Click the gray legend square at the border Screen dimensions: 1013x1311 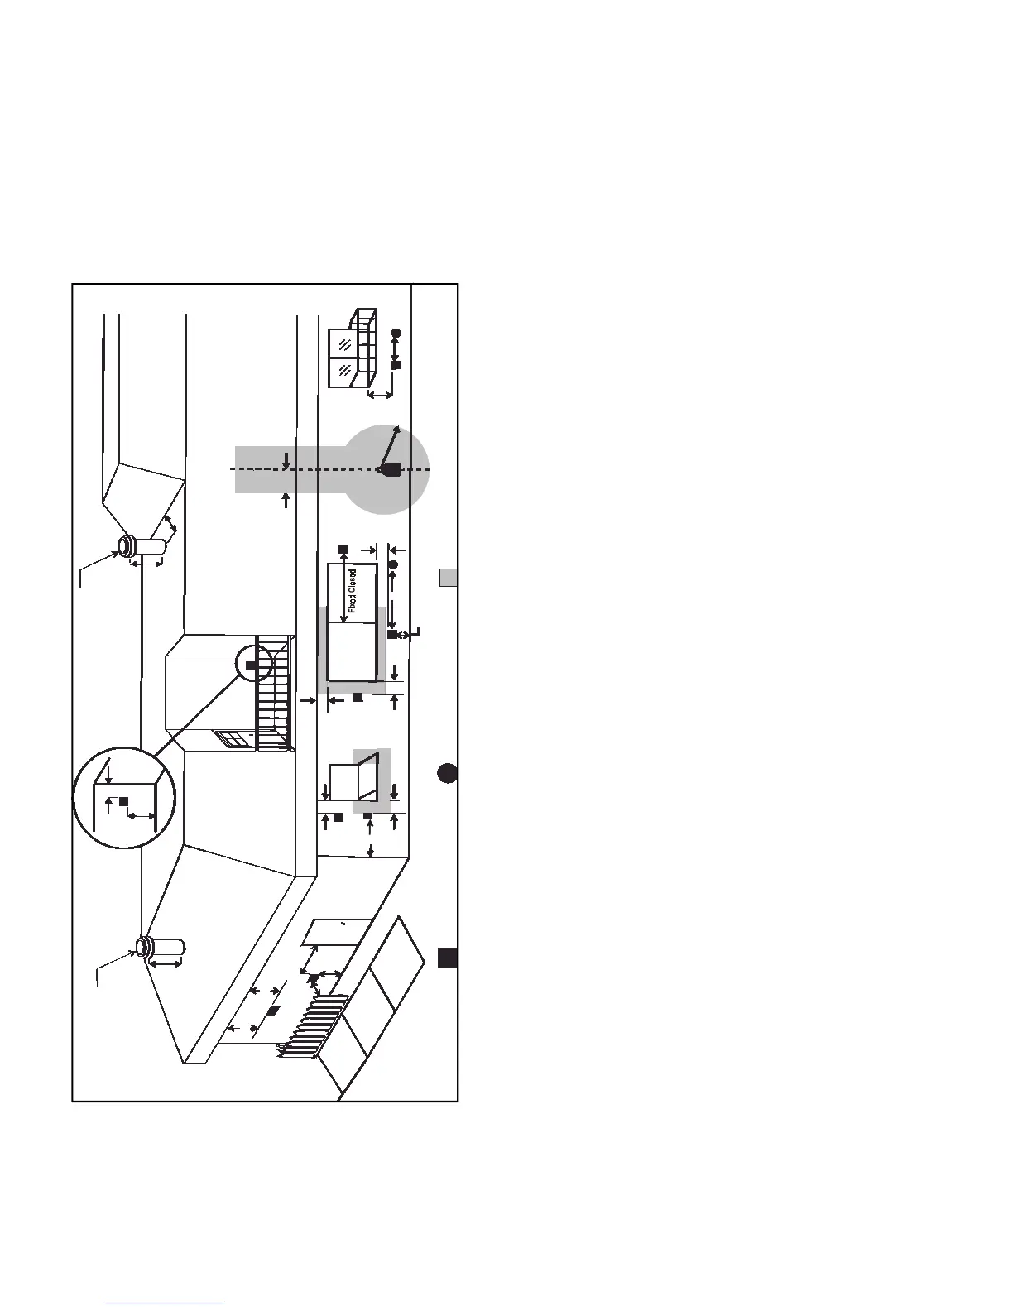[x=448, y=578]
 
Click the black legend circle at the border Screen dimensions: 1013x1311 [x=448, y=773]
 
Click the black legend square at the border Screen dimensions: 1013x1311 [x=448, y=958]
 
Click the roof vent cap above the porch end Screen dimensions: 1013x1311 [x=146, y=945]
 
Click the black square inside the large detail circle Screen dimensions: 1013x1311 [x=124, y=801]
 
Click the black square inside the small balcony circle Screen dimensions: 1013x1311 [x=251, y=665]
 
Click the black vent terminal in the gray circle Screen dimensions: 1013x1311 [x=390, y=469]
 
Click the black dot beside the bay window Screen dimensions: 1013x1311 [x=396, y=333]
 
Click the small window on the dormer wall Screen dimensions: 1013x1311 [x=232, y=739]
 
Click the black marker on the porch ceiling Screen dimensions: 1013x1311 [x=272, y=1011]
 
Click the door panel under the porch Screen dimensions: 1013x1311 [x=335, y=933]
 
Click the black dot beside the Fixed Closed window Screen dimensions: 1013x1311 [x=393, y=564]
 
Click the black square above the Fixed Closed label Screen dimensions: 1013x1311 [x=343, y=549]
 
